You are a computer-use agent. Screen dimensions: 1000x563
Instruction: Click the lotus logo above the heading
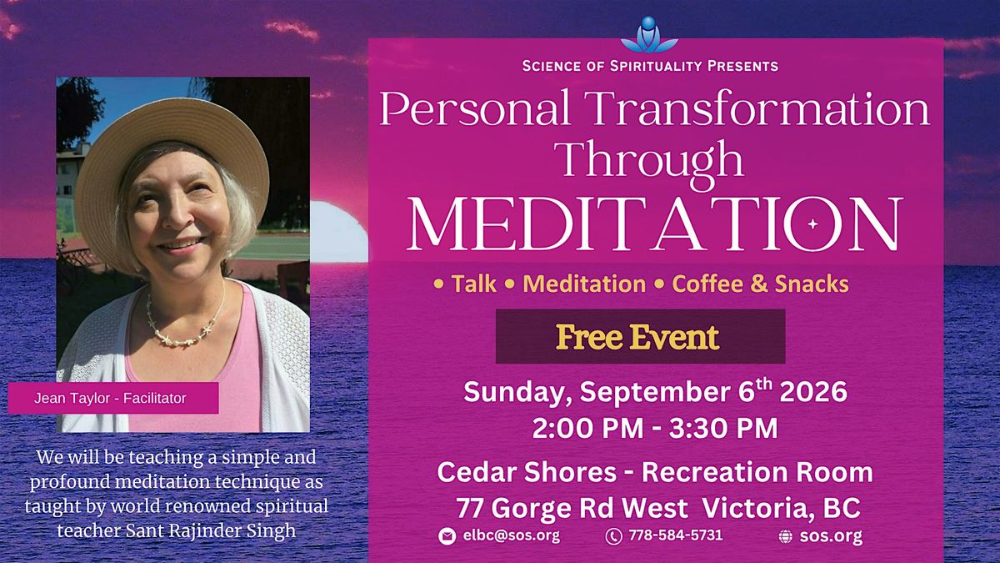click(x=649, y=35)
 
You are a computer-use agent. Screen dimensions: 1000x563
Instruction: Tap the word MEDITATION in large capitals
click(x=655, y=224)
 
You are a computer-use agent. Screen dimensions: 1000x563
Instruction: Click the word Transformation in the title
click(x=760, y=108)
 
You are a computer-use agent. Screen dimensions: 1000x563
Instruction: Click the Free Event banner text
click(x=637, y=337)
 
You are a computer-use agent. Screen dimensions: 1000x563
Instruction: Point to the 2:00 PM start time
click(x=588, y=428)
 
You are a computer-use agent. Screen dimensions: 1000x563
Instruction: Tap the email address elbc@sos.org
click(x=512, y=535)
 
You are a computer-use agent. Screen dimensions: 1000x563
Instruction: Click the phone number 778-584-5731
click(x=676, y=535)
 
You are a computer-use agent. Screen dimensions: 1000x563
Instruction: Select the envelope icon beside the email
click(x=447, y=535)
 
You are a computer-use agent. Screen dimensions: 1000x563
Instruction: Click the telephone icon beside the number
click(x=614, y=535)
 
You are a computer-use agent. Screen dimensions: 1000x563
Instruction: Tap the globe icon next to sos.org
click(x=786, y=536)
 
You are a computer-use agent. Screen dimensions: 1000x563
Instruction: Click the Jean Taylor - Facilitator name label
click(x=110, y=398)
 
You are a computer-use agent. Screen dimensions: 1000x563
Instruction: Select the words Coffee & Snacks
click(x=760, y=284)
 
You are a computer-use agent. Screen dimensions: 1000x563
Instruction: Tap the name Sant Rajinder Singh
click(x=211, y=530)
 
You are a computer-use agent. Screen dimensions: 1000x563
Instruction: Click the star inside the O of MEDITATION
click(x=812, y=224)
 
